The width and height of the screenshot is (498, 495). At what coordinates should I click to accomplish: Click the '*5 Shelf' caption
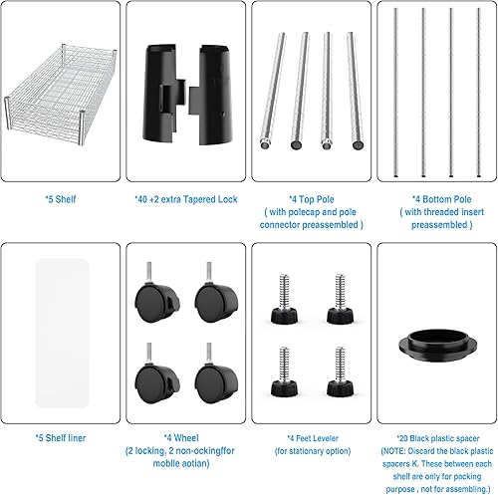61,198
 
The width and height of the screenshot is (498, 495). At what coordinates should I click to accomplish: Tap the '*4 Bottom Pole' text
434,198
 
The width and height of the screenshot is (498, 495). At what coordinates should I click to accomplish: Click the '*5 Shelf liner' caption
61,435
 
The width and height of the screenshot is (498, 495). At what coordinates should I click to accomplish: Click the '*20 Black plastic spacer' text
434,435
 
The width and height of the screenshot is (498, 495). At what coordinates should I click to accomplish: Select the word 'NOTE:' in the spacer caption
400,449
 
